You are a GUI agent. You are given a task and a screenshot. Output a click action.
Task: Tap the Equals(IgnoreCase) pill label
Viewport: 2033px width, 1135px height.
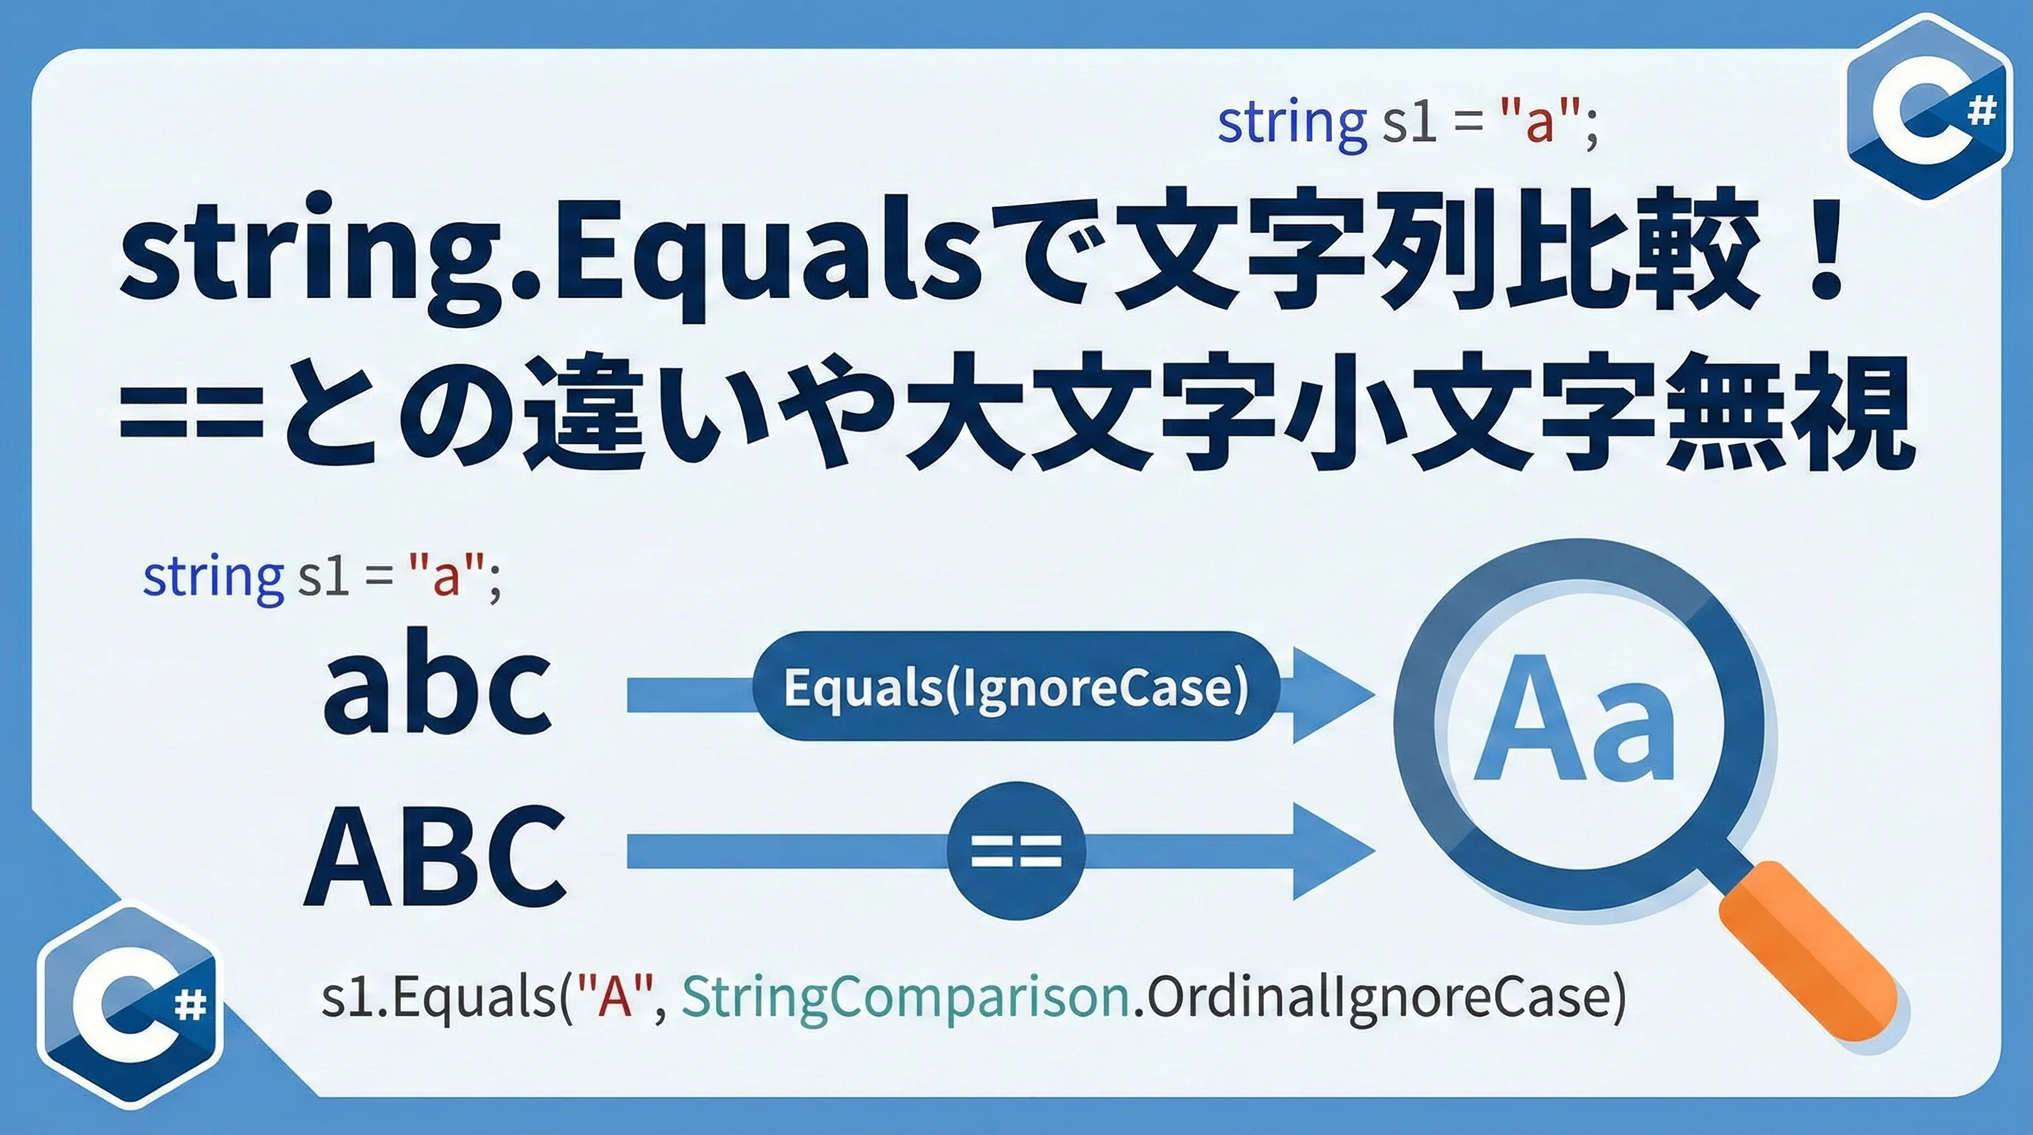(1016, 686)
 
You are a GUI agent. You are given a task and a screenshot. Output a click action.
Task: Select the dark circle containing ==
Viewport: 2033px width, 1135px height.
(1016, 851)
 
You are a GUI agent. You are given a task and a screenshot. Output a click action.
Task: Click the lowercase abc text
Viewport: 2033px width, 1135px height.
(437, 684)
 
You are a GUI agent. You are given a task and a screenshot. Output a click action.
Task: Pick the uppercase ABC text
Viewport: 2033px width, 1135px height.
(436, 855)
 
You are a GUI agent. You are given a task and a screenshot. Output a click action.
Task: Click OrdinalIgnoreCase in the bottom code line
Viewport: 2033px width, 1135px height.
(1378, 998)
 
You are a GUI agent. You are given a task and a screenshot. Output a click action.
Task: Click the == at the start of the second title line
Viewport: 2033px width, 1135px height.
(191, 418)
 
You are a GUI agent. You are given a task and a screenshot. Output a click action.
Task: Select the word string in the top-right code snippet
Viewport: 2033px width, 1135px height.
(1292, 123)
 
